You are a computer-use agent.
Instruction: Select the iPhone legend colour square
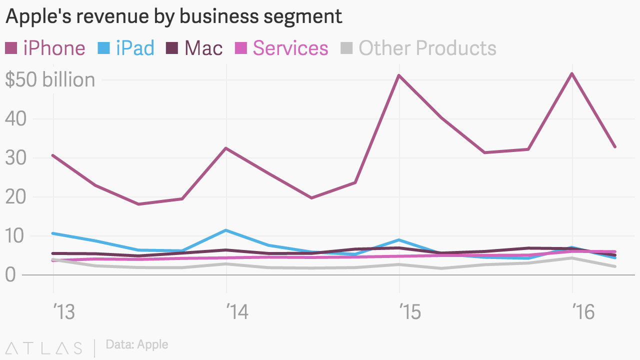(11, 48)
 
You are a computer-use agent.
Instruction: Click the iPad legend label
(135, 48)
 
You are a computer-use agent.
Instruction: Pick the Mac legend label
(203, 48)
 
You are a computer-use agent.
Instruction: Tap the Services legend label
(290, 48)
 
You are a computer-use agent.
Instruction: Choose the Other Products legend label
(427, 48)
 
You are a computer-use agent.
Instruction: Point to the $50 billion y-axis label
(50, 80)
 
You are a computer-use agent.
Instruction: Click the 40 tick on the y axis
(15, 119)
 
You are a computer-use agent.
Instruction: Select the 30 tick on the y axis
(15, 158)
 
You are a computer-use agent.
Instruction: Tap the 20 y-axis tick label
(15, 197)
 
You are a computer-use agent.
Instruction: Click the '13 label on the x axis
(63, 312)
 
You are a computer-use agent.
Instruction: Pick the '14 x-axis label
(237, 312)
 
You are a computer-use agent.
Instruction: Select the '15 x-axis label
(409, 312)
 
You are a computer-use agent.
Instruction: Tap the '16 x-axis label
(582, 312)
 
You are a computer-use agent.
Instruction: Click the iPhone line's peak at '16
(572, 74)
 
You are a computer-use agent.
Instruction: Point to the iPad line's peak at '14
(226, 230)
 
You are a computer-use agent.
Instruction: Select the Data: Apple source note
(137, 344)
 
